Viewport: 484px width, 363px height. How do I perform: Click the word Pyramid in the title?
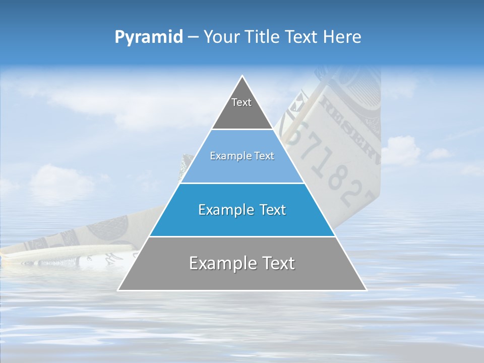(149, 37)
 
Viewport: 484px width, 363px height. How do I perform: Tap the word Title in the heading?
(265, 37)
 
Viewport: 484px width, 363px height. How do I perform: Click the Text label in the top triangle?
(241, 102)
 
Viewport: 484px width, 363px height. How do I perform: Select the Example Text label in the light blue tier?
(242, 156)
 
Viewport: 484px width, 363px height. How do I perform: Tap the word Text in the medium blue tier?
(272, 210)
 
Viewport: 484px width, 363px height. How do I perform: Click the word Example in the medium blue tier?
(225, 210)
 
